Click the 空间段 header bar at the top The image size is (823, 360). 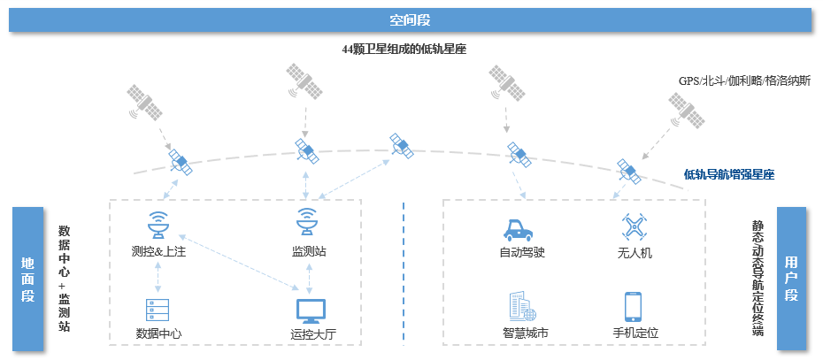[411, 19]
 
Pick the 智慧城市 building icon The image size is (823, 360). [521, 306]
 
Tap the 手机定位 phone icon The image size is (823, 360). [633, 306]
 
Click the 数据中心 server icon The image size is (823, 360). [158, 310]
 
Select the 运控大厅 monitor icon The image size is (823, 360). [309, 310]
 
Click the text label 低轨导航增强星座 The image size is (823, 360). [729, 174]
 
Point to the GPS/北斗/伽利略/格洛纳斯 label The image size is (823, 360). [744, 80]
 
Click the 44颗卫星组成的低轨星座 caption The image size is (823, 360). [404, 50]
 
